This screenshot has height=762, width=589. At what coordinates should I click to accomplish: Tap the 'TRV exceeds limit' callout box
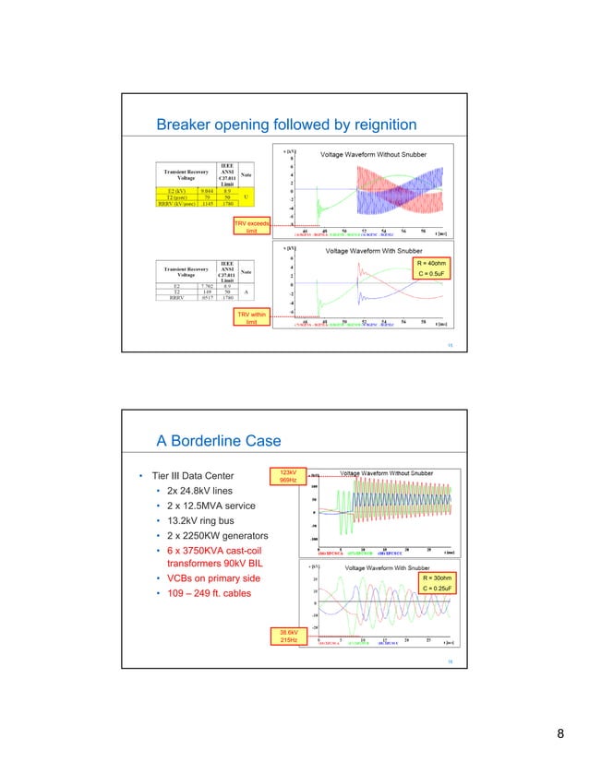coord(252,227)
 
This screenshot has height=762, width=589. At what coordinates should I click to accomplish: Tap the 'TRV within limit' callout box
coord(251,319)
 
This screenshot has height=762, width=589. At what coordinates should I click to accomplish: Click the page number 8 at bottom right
coord(560,733)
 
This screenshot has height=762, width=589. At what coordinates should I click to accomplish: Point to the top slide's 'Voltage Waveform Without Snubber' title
coord(373,154)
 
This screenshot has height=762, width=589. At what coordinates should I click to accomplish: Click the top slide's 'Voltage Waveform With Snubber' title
coord(375,251)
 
